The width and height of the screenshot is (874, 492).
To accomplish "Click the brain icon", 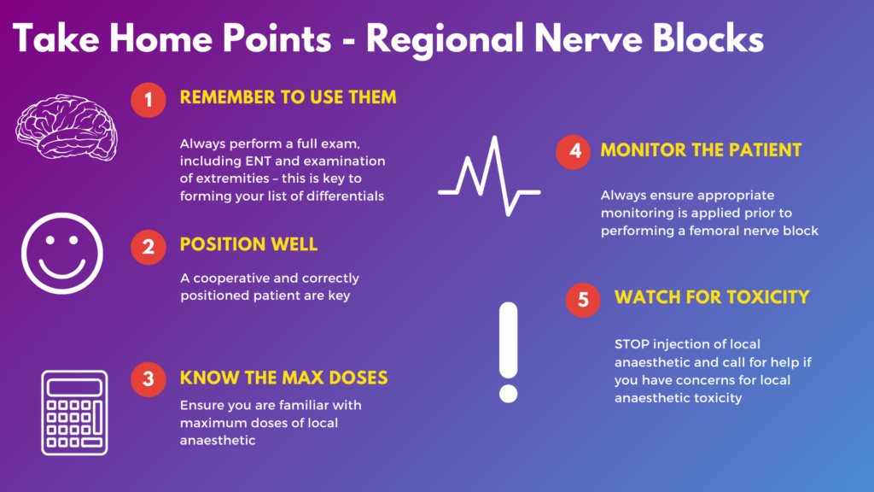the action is coord(67,127).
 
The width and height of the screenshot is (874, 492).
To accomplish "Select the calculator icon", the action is coord(75,413).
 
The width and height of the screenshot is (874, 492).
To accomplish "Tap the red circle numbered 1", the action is coord(149,100).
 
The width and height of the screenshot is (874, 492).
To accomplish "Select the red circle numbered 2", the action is coord(149,247).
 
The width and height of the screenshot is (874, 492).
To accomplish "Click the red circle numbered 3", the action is coord(149,379).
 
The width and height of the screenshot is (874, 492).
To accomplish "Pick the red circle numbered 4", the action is coord(573,151).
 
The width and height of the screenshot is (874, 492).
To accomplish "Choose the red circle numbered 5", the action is coord(583,300).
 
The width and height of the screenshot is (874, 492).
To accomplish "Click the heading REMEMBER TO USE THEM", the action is coord(288,97).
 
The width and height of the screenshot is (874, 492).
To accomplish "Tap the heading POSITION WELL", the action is coord(248,244).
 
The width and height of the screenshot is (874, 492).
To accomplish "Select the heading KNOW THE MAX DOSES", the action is coord(283,378).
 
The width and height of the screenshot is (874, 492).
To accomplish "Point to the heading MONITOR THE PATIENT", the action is coord(701,150).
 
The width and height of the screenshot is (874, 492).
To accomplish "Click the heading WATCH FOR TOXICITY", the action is coord(712,297).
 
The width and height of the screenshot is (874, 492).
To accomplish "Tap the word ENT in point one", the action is coord(258,161).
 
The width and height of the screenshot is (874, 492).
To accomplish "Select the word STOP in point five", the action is coord(632,344).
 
